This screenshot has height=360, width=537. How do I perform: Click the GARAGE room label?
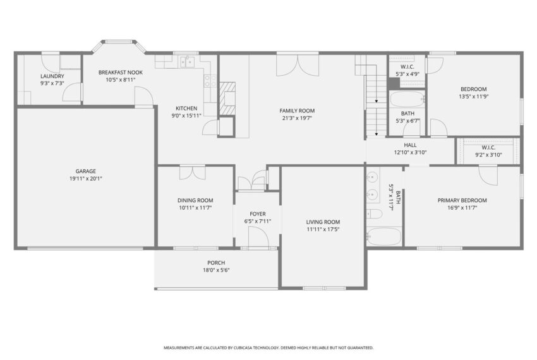[x=85, y=171]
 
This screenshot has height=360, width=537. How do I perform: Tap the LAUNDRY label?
[x=52, y=76]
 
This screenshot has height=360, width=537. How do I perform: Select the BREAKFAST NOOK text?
[x=121, y=73]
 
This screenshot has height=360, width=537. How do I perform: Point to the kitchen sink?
[x=186, y=62]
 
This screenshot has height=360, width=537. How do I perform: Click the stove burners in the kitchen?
[x=210, y=80]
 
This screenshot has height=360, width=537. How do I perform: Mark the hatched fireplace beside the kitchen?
[x=227, y=99]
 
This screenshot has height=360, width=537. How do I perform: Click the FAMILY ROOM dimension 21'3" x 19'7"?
[x=297, y=118]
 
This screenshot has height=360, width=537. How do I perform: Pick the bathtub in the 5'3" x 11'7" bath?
[x=383, y=237]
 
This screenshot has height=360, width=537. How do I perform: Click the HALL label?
[x=410, y=145]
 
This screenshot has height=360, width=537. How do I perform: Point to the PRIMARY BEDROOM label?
[x=462, y=200]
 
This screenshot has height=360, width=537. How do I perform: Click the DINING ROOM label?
[x=195, y=200]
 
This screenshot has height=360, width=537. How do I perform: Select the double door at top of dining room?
[x=192, y=172]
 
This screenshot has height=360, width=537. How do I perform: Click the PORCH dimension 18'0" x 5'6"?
[x=216, y=270]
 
